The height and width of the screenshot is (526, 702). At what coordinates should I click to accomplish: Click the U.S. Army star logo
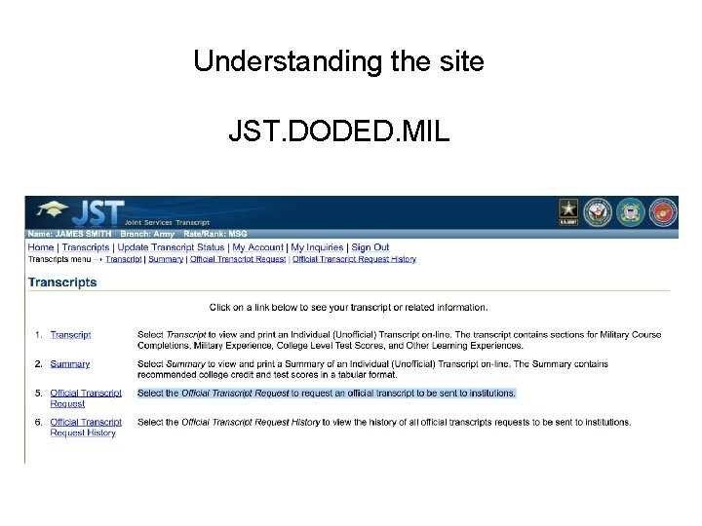pyautogui.click(x=568, y=211)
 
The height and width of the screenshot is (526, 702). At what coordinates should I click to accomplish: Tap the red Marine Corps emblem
pyautogui.click(x=662, y=211)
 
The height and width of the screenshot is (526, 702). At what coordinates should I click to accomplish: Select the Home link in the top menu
pyautogui.click(x=41, y=247)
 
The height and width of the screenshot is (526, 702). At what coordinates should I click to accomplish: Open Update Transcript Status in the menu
pyautogui.click(x=171, y=247)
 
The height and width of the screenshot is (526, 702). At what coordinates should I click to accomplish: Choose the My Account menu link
pyautogui.click(x=257, y=247)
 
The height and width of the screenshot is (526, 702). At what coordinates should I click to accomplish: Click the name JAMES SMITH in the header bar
pyautogui.click(x=84, y=235)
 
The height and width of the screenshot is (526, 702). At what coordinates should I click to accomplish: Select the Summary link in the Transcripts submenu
pyautogui.click(x=166, y=259)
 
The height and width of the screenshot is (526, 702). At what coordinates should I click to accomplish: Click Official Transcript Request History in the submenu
pyautogui.click(x=354, y=259)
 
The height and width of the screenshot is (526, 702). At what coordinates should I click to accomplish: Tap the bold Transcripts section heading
pyautogui.click(x=62, y=282)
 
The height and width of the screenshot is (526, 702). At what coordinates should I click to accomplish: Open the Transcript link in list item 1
pyautogui.click(x=70, y=335)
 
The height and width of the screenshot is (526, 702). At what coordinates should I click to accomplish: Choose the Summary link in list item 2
pyautogui.click(x=70, y=364)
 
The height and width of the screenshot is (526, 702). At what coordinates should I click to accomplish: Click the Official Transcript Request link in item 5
pyautogui.click(x=85, y=398)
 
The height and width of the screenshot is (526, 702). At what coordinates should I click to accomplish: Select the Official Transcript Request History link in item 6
pyautogui.click(x=85, y=428)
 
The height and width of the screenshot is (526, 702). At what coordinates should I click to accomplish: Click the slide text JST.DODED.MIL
pyautogui.click(x=338, y=131)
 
